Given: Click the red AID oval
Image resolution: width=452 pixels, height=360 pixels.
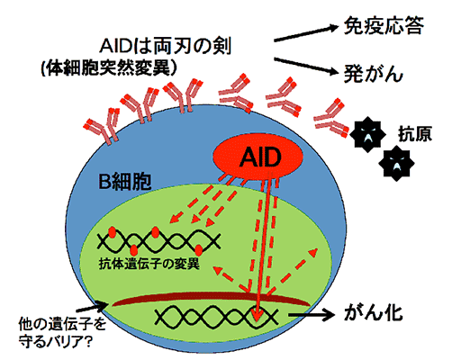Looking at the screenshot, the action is [x=258, y=157].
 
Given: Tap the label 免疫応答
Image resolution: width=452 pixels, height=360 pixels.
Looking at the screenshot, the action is [x=384, y=25].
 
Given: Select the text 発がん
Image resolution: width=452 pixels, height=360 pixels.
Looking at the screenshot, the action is [x=373, y=74].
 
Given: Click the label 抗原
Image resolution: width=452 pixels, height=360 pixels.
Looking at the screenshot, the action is [x=415, y=134].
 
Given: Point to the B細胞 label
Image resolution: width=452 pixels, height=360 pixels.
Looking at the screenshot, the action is [x=125, y=181].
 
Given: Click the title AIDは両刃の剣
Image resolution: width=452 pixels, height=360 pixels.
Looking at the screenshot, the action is [x=166, y=46].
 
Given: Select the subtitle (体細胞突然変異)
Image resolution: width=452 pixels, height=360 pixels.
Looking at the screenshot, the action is [x=109, y=69].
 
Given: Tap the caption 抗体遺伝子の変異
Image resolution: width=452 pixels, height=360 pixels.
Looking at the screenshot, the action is [x=149, y=265].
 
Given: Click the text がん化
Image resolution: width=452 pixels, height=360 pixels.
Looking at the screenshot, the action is [x=374, y=314].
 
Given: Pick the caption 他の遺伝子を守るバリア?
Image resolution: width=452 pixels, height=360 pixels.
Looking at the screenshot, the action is [x=62, y=332].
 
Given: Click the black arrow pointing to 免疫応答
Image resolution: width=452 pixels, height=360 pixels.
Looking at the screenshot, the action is [x=306, y=33].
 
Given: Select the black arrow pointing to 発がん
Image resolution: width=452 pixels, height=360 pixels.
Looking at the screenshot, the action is [x=306, y=66].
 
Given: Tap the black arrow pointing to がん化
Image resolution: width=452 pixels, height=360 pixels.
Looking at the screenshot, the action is [x=311, y=315].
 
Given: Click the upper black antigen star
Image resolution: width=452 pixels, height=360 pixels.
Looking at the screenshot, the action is [x=367, y=135].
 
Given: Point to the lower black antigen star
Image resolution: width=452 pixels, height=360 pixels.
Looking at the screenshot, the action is [x=396, y=164].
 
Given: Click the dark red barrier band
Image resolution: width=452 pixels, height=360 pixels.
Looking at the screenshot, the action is [x=212, y=299].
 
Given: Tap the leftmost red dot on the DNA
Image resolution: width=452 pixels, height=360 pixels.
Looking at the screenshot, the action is [x=113, y=232].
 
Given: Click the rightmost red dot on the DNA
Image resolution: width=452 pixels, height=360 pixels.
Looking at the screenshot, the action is [x=198, y=249].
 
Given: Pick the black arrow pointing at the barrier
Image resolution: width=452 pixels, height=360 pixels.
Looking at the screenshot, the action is [x=92, y=307].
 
